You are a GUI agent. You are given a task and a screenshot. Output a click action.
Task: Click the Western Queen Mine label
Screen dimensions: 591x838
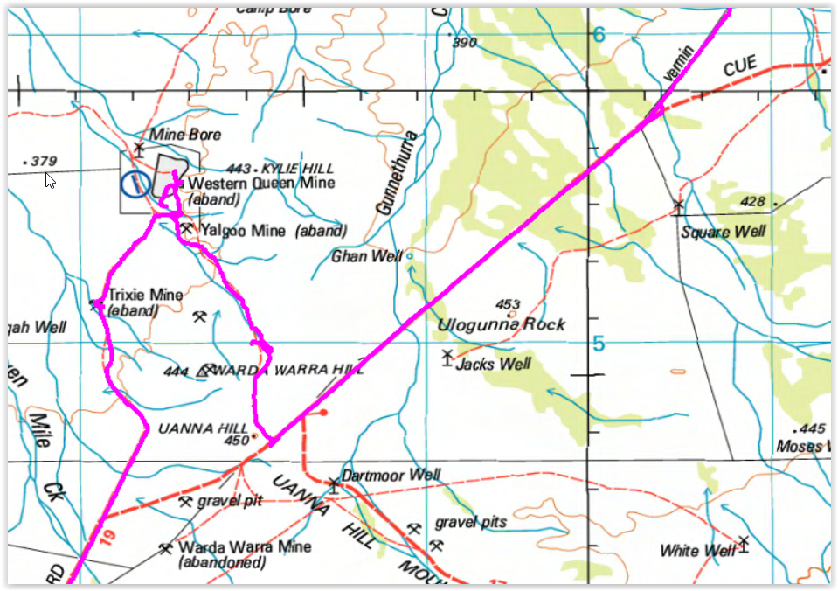click(261, 184)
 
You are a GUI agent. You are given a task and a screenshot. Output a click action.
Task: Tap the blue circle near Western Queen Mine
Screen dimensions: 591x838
click(135, 184)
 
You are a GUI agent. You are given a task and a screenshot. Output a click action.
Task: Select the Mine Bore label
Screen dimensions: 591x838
click(185, 135)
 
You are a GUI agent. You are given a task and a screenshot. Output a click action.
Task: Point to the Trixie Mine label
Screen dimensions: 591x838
click(144, 295)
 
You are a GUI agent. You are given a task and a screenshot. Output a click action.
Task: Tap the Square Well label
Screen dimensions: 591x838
click(724, 232)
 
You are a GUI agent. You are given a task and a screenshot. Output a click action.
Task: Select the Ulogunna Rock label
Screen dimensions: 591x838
click(501, 324)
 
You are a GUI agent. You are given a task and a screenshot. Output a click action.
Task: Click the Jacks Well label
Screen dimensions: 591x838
click(493, 364)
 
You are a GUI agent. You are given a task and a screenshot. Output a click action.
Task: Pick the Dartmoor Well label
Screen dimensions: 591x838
click(391, 476)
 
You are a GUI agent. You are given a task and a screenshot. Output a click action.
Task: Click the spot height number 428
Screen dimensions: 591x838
click(751, 203)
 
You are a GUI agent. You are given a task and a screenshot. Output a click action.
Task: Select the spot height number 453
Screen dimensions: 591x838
click(507, 304)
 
